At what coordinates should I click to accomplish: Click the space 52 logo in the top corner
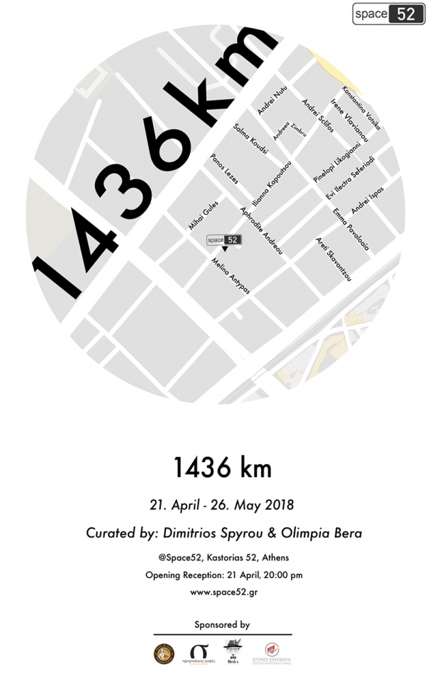point(388,14)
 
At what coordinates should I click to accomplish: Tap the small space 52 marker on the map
point(224,240)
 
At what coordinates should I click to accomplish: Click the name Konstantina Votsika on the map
point(361,108)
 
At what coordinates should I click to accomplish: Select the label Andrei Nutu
point(272,100)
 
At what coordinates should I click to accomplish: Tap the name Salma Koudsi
point(251,138)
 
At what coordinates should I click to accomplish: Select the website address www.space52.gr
point(224,592)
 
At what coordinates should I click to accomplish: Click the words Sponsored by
point(222,625)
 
